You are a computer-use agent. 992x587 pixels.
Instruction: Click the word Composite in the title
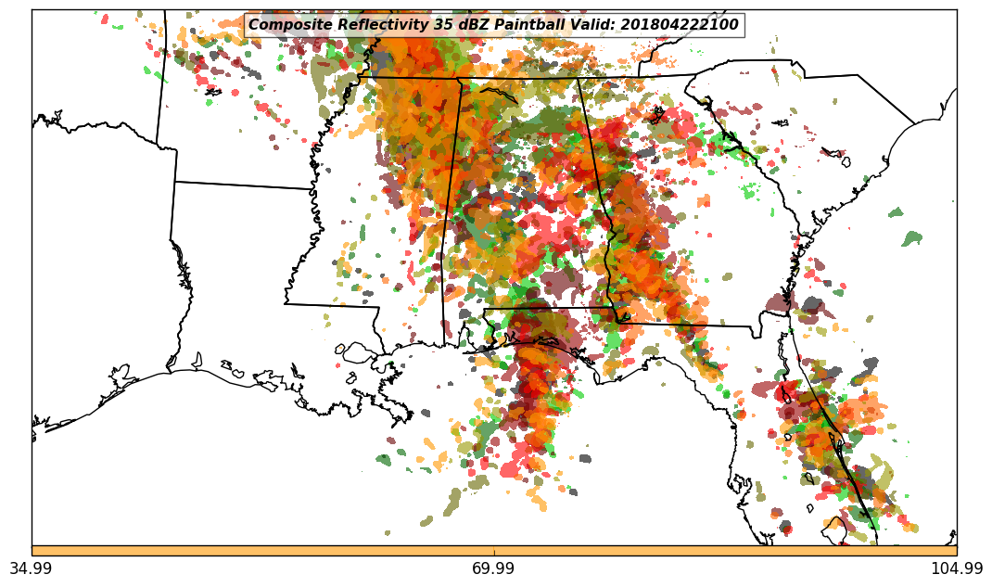point(287,25)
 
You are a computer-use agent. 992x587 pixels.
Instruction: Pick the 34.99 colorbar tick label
point(32,568)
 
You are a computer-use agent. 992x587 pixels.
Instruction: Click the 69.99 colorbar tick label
point(494,568)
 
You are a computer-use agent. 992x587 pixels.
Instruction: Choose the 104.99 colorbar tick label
point(956,568)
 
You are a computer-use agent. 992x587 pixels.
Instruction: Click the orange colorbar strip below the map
point(494,551)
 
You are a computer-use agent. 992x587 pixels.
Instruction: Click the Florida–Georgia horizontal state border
point(686,325)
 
